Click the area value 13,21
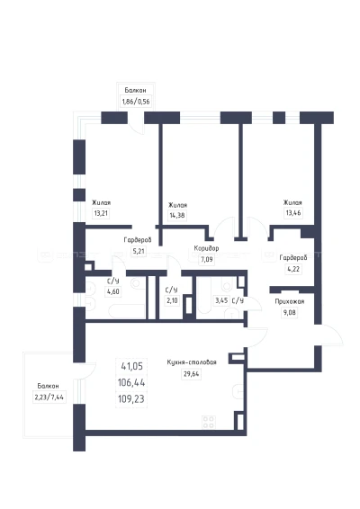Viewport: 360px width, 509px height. (x=101, y=214)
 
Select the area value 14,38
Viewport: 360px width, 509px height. (x=177, y=216)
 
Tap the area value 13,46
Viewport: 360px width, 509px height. (x=293, y=213)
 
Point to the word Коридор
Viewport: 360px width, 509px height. (x=206, y=248)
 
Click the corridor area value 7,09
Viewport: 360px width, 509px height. (x=207, y=259)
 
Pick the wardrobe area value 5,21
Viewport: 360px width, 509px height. (x=139, y=251)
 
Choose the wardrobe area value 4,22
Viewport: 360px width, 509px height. (x=293, y=269)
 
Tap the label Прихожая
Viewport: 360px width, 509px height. (x=290, y=301)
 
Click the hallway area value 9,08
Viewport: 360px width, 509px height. (x=290, y=313)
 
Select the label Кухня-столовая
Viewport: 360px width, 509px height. (x=192, y=362)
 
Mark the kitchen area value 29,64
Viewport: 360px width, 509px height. (x=192, y=374)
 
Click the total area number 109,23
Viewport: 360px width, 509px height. (x=131, y=398)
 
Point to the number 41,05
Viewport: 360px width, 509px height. (x=132, y=366)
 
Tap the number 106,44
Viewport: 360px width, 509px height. (x=131, y=382)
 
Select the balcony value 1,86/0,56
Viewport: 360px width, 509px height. (x=136, y=102)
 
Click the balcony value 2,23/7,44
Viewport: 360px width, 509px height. (x=49, y=397)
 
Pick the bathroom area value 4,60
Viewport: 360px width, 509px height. (x=113, y=291)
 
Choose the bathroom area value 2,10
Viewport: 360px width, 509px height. (x=172, y=300)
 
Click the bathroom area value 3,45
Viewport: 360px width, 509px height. (x=221, y=300)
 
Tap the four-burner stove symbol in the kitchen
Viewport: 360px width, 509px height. (x=208, y=422)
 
